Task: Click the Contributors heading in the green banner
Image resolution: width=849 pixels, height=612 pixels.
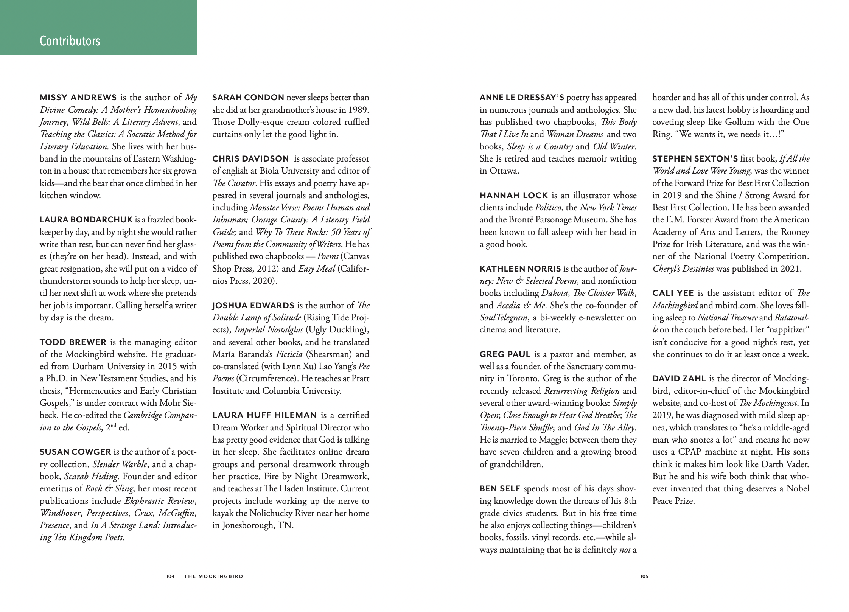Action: click(70, 41)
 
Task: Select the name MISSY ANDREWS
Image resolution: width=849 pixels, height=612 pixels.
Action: click(78, 98)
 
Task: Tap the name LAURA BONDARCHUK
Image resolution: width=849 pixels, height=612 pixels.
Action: click(86, 220)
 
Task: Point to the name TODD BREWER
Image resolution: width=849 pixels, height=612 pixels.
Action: click(73, 342)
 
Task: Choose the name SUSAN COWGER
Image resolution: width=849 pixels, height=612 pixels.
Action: click(75, 452)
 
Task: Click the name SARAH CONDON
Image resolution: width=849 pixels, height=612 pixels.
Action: click(248, 98)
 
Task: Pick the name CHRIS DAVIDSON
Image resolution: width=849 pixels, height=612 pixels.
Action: click(250, 159)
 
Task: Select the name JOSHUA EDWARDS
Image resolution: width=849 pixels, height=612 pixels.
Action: click(253, 306)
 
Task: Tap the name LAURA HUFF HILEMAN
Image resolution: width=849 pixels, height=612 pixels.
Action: click(264, 415)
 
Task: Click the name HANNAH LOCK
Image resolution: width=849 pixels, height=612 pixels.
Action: click(513, 196)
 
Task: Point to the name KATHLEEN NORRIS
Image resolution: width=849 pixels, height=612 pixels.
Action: click(520, 269)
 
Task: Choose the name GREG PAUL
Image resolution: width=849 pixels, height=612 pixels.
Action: click(504, 354)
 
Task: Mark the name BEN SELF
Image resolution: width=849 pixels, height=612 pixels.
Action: click(500, 489)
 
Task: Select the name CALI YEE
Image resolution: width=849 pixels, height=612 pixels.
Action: click(673, 293)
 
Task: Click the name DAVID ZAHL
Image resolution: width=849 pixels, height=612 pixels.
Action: click(679, 379)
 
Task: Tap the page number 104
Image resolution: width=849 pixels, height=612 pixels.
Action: click(170, 576)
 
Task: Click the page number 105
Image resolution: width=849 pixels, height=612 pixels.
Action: click(644, 576)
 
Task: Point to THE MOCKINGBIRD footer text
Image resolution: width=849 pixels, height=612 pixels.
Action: click(213, 576)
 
